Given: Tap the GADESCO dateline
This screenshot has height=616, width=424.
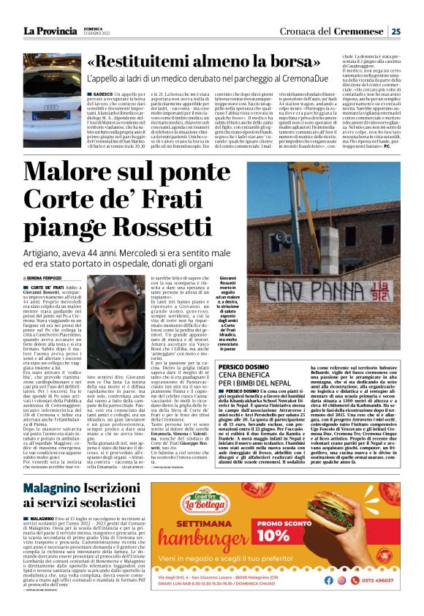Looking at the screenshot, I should coord(102,94).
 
